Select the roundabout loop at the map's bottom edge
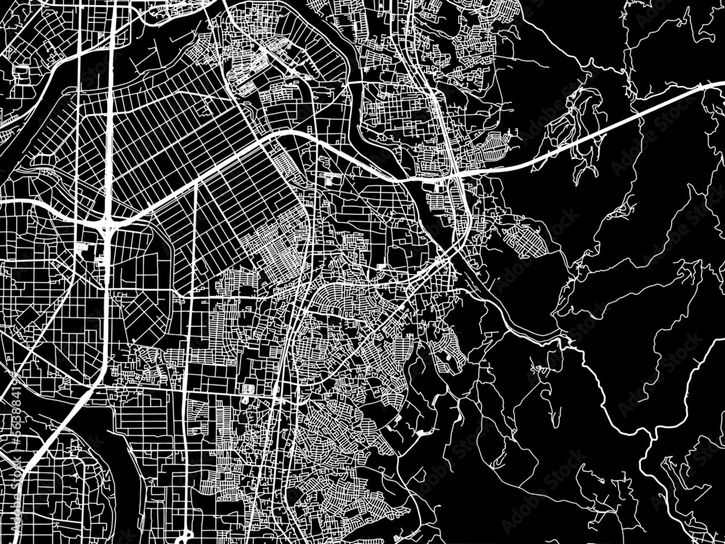[x=187, y=537]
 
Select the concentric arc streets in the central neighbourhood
[x=341, y=297]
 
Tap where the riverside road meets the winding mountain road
[x=562, y=337]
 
